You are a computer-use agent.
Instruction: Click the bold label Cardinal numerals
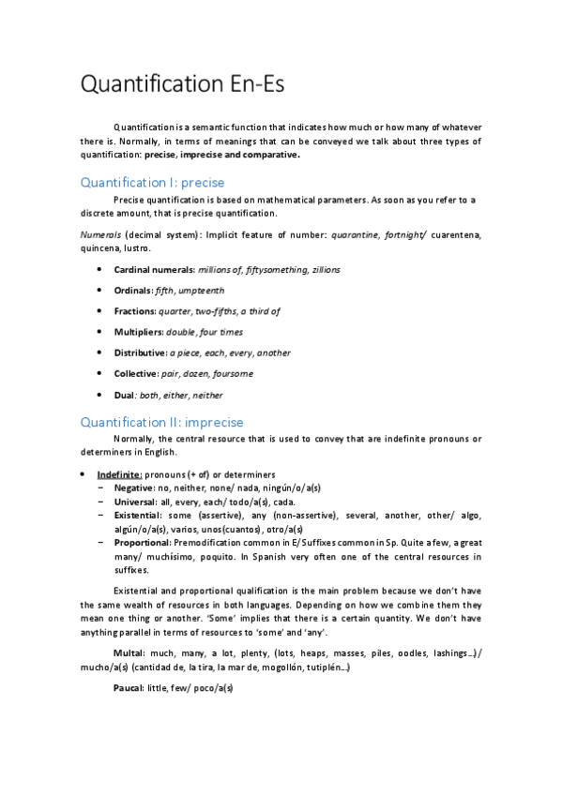(x=154, y=270)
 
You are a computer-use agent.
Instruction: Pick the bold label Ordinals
(x=133, y=291)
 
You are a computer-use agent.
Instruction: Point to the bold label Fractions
(x=135, y=311)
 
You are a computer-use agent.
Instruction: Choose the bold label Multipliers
(x=139, y=332)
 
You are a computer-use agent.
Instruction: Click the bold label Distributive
(x=140, y=352)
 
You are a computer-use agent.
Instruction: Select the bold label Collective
(x=137, y=373)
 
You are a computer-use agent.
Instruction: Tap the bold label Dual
(x=125, y=395)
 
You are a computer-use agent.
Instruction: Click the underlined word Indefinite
(x=119, y=474)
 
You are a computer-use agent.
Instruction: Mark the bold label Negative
(x=135, y=488)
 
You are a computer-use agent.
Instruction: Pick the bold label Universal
(x=137, y=502)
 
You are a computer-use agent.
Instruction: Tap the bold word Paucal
(x=129, y=688)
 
